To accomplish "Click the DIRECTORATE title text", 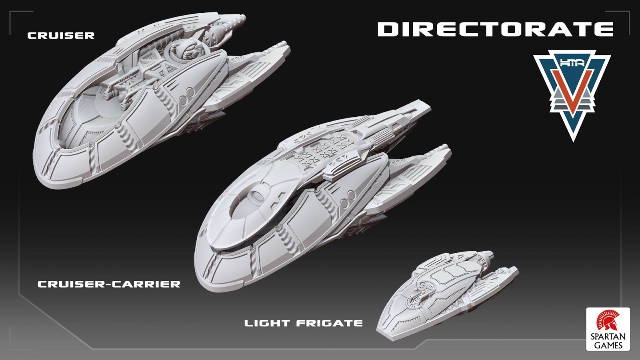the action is click(495, 29).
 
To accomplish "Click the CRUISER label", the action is click(61, 35).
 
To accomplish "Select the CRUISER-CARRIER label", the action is click(109, 284).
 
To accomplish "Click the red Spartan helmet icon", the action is click(608, 322).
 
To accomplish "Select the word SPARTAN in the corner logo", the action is click(608, 337).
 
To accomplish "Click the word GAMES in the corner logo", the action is click(608, 345).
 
